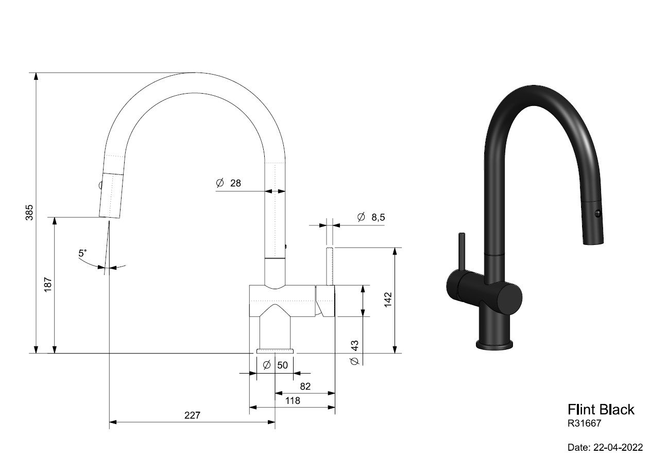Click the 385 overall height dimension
tap(29, 213)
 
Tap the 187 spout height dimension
tap(48, 285)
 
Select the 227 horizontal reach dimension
tap(193, 415)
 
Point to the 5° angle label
tap(82, 253)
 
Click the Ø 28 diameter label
tap(228, 183)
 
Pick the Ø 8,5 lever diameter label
tap(371, 217)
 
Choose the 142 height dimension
tap(388, 300)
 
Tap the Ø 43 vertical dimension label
tap(354, 352)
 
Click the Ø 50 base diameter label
tap(275, 365)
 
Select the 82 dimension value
tap(305, 386)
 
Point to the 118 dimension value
tap(293, 401)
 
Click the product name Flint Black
tap(601, 410)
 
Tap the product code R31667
tap(585, 423)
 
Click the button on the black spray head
tap(598, 214)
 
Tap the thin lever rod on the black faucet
tap(461, 252)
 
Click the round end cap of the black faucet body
tap(510, 298)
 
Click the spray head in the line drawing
tap(111, 196)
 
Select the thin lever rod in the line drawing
tap(330, 266)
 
